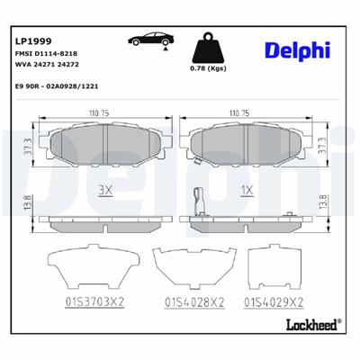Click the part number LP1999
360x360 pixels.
tap(32, 40)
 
